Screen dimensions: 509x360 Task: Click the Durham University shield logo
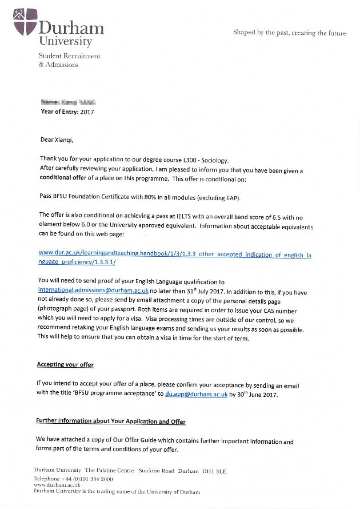(25, 21)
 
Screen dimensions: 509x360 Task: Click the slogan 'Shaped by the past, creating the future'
(289, 33)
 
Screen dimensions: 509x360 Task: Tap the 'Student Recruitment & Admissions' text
(69, 60)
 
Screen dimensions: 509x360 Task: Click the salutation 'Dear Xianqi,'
(57, 140)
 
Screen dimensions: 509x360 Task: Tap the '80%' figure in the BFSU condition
(143, 198)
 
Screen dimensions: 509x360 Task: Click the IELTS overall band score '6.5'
(262, 218)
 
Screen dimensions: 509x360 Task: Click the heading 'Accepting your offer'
(65, 364)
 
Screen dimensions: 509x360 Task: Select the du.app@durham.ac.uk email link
(196, 394)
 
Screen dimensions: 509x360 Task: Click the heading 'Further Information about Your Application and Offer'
(111, 421)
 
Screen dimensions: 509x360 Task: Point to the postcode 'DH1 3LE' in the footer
(214, 471)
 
